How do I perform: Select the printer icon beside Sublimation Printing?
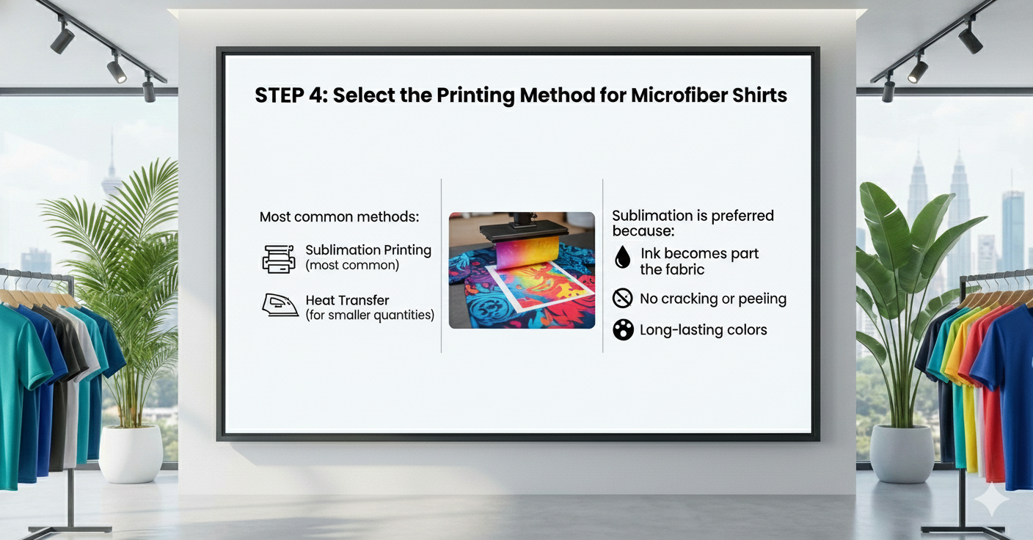point(279,259)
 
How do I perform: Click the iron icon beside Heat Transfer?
point(280,305)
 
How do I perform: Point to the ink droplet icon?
point(623,257)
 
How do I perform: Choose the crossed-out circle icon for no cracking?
point(622,298)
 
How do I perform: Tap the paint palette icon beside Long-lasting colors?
point(623,329)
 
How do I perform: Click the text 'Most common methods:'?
point(340,216)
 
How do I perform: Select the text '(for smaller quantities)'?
point(370,315)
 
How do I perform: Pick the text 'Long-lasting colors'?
point(704,329)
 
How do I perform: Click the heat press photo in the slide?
point(522,270)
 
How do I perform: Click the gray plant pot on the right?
point(902,453)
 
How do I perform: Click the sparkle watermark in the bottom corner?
point(991,500)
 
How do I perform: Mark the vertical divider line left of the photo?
point(442,266)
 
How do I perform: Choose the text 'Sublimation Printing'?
point(368,250)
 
